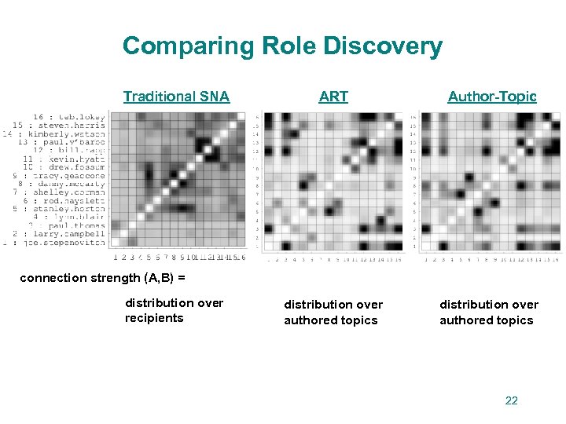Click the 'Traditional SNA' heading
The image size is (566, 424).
point(176,97)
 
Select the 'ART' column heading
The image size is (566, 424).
point(333,97)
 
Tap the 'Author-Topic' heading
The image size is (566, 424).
point(492,97)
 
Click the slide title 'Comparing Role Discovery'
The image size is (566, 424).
point(282,46)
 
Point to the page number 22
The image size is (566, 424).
point(511,400)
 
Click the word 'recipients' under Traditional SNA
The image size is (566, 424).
point(154,318)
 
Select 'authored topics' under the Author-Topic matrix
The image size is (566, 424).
point(486,320)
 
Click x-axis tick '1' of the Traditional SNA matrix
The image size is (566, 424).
point(115,256)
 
